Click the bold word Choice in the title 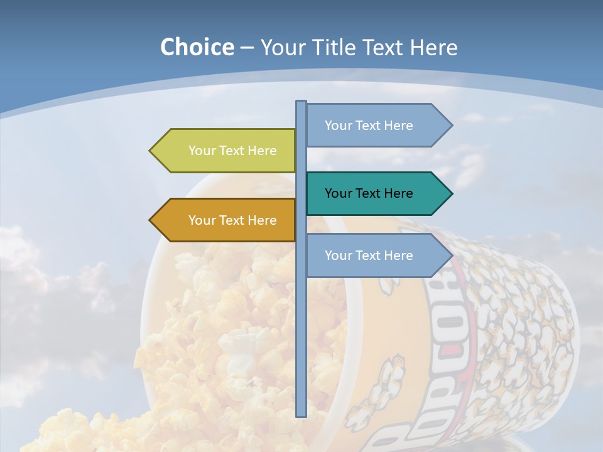[197, 47]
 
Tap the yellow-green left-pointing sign [226, 151]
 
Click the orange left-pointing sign [226, 220]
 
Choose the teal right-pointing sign [374, 193]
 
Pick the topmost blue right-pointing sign [374, 126]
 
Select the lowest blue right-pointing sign [374, 256]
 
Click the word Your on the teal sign [339, 193]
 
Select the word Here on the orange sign [263, 220]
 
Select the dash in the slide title [247, 48]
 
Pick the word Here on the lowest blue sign [399, 256]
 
